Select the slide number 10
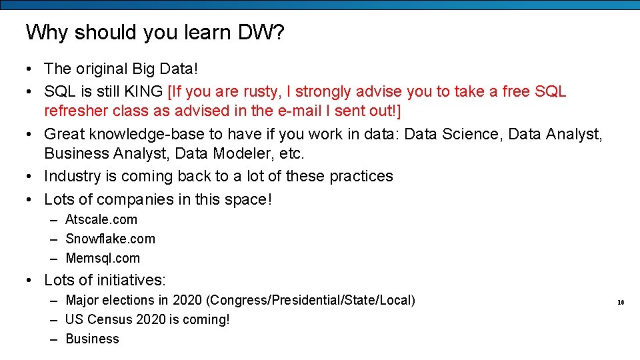click(620, 302)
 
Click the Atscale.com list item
click(101, 219)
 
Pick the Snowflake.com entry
click(110, 239)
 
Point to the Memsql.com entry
click(103, 258)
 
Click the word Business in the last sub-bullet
click(92, 339)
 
